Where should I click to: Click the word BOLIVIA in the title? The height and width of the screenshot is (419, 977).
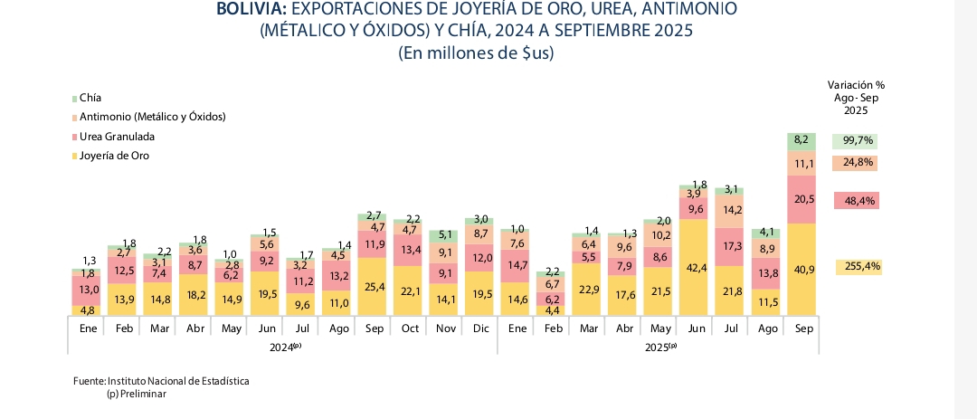point(251,9)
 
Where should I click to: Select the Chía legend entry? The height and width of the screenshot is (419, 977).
point(90,98)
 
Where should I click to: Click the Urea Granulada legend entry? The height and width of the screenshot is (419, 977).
point(117,137)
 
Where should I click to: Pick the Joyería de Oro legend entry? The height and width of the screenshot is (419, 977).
point(114,156)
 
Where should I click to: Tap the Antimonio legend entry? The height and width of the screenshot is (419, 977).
point(152,117)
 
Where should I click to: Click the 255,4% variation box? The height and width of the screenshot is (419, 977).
point(858,267)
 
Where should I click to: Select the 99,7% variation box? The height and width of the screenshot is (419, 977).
point(858,141)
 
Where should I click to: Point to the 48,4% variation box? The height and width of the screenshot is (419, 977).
point(858,200)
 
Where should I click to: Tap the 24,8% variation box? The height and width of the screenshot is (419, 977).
point(858,163)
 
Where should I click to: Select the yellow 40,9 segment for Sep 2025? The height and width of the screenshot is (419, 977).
point(802,270)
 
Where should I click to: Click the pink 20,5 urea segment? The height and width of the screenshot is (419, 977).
point(802,200)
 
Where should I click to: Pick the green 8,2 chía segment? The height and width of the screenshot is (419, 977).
point(802,140)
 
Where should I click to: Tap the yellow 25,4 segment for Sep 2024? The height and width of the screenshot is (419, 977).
point(374,287)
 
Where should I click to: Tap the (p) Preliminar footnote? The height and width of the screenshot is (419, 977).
point(137,394)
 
